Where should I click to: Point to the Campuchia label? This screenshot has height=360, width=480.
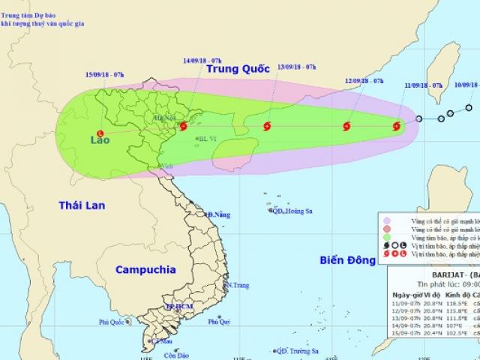145,268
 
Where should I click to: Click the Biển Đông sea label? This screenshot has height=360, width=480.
340,262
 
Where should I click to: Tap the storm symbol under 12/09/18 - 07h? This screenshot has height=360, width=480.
346,127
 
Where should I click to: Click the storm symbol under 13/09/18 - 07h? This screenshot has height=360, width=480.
268,127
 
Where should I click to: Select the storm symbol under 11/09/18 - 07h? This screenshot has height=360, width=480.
397,127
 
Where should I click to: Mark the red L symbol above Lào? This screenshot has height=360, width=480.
100,133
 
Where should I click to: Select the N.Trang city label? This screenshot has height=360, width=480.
238,285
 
